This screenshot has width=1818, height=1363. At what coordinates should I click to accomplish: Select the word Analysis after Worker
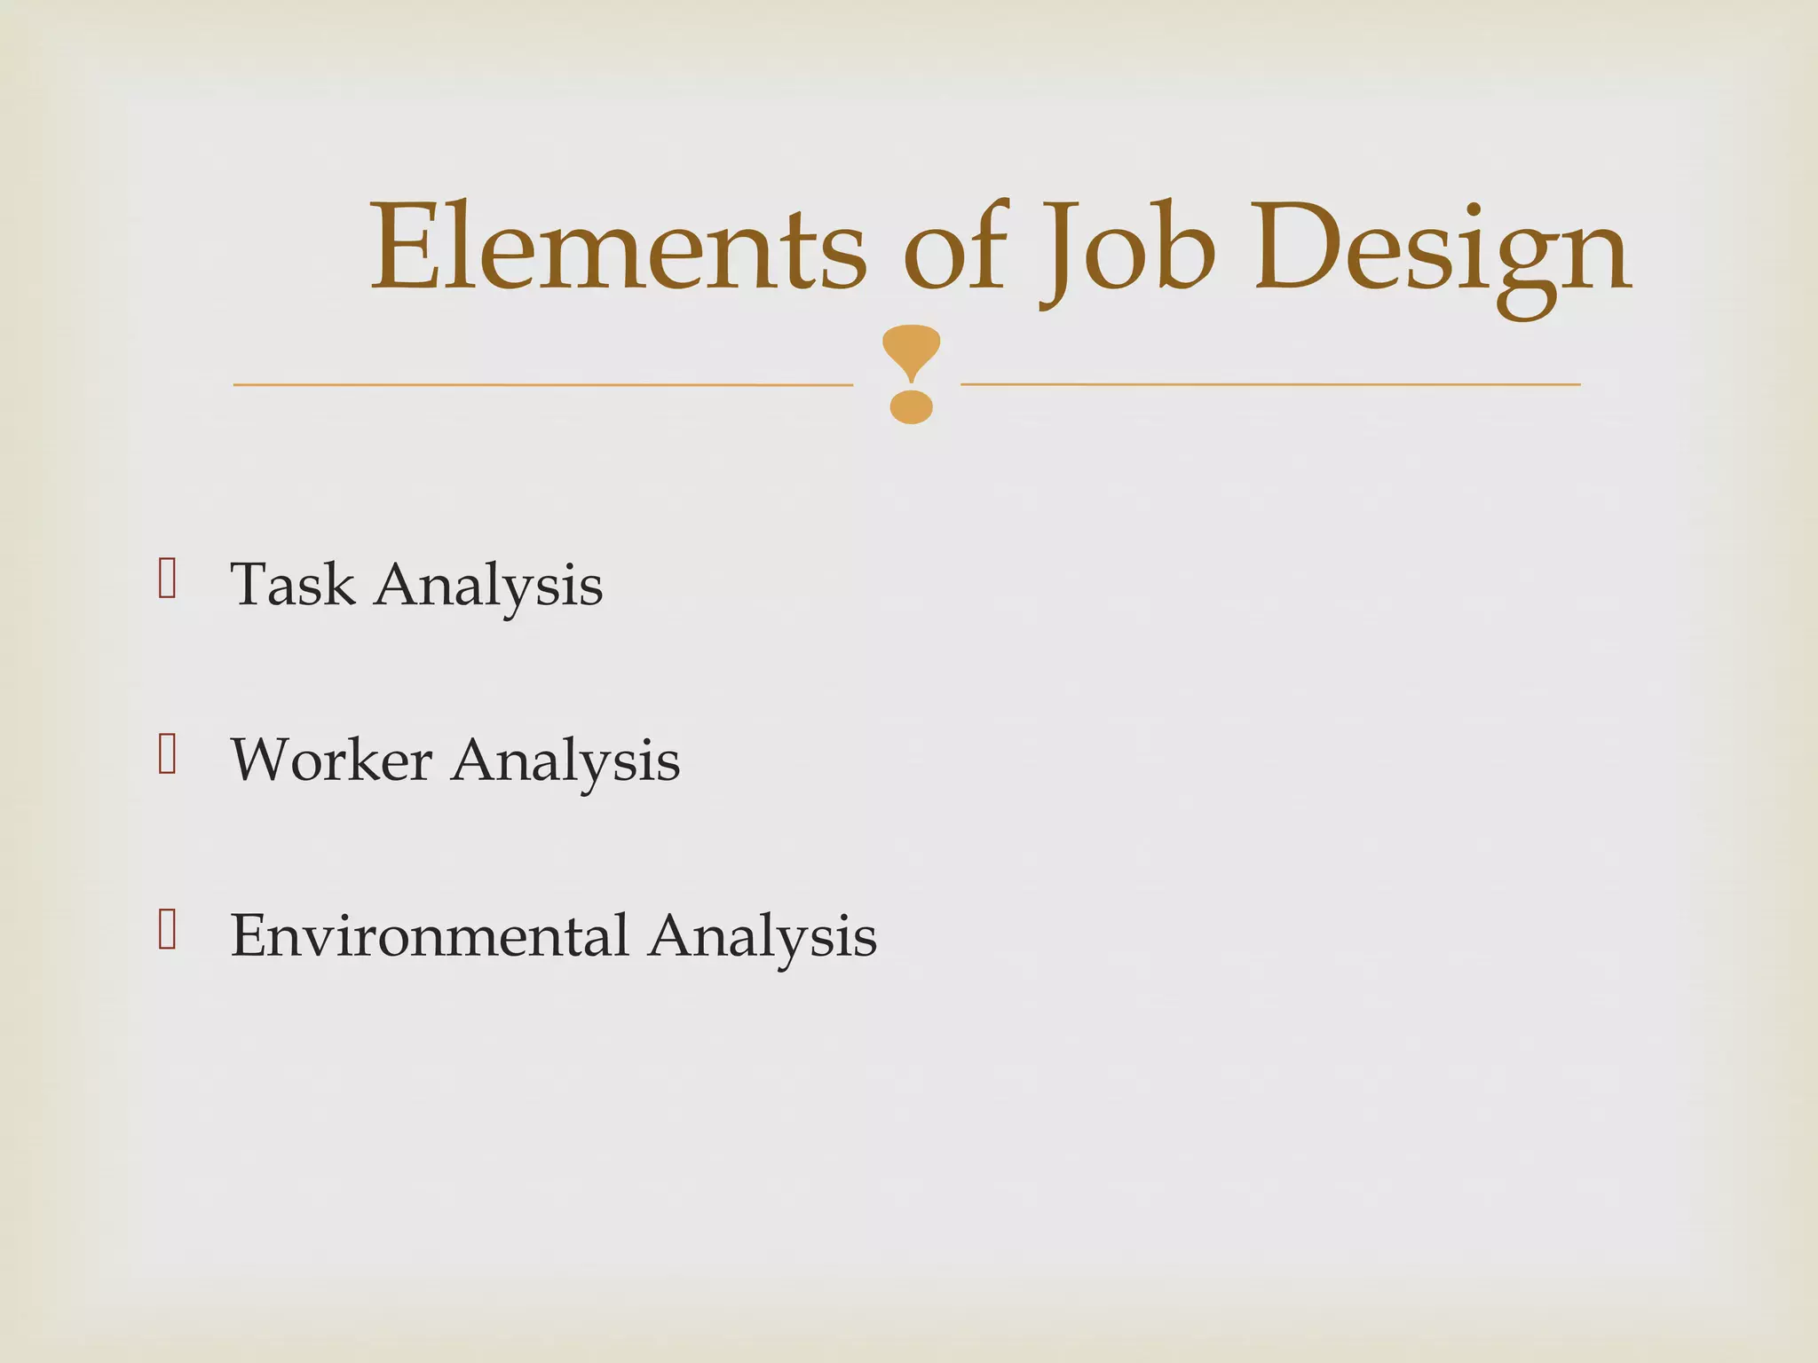[565, 761]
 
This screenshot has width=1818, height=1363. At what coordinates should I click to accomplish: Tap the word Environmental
[430, 935]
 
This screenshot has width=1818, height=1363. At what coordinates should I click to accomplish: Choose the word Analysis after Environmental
[763, 937]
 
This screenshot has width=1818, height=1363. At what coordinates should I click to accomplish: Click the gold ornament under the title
[912, 374]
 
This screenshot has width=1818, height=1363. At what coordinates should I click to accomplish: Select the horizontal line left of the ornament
[542, 384]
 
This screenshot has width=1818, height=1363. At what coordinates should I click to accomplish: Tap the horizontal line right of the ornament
[1270, 384]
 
